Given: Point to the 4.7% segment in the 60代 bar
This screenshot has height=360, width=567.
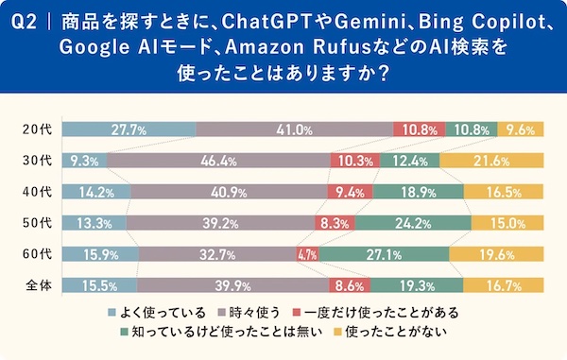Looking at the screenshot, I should coord(306,254).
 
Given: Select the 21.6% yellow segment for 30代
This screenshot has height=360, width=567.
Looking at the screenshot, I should coord(491,162).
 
